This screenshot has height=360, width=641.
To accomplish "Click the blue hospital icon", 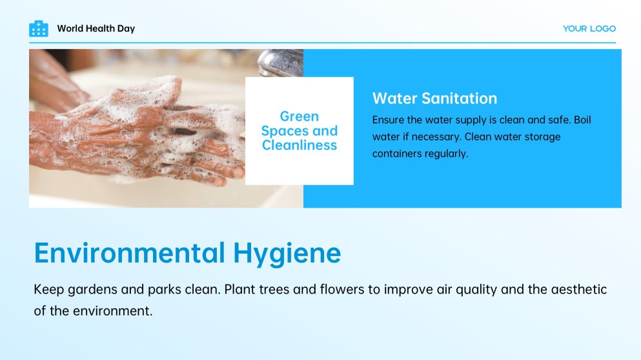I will [39, 28].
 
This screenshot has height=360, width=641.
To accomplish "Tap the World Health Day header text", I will [96, 28].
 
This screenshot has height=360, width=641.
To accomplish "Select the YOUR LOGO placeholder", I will [589, 28].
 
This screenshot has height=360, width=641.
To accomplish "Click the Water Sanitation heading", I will [434, 99].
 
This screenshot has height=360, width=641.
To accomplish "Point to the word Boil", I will [581, 120].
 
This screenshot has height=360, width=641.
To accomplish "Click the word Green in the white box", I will [299, 117].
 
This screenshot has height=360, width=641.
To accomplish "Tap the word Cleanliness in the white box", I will [299, 146].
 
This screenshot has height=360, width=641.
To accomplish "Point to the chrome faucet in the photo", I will [279, 63].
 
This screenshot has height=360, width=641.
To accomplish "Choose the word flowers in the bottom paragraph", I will [341, 290].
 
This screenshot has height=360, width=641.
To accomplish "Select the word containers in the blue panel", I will [397, 154].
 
